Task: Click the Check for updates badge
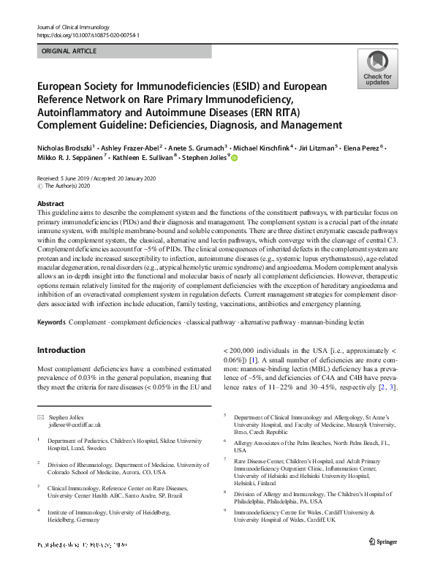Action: click(377, 69)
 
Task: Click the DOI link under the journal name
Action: click(88, 35)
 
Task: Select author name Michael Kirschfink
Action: click(262, 148)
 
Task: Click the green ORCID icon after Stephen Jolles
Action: click(235, 157)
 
